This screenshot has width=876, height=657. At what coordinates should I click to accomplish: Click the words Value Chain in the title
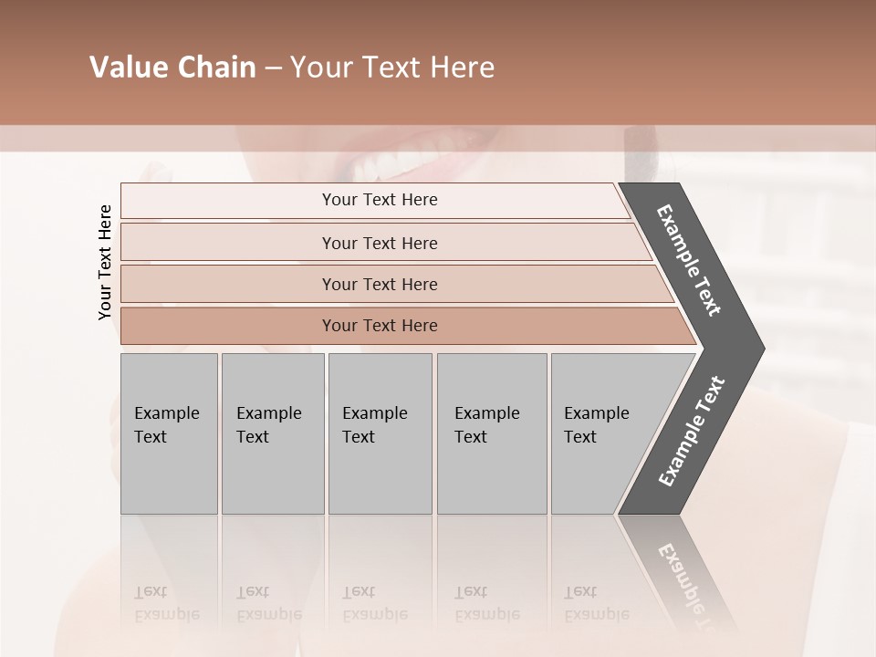pyautogui.click(x=172, y=68)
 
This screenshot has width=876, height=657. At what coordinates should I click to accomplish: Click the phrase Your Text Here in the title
pyautogui.click(x=392, y=68)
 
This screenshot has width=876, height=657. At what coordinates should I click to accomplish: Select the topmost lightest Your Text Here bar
pyautogui.click(x=379, y=200)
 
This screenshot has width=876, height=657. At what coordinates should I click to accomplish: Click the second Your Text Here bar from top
pyautogui.click(x=379, y=243)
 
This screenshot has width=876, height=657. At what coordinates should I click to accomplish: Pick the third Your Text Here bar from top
pyautogui.click(x=379, y=284)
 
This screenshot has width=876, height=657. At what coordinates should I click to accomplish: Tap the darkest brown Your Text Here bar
pyautogui.click(x=379, y=326)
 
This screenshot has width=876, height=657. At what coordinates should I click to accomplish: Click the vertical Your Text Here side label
pyautogui.click(x=105, y=262)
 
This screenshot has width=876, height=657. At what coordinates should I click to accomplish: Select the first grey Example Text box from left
pyautogui.click(x=169, y=433)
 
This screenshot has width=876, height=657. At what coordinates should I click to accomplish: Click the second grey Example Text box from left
pyautogui.click(x=272, y=433)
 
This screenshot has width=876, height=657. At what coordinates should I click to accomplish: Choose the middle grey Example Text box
pyautogui.click(x=380, y=433)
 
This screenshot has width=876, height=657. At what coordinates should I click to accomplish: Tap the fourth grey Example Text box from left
pyautogui.click(x=491, y=433)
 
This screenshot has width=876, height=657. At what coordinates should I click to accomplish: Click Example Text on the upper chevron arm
pyautogui.click(x=689, y=260)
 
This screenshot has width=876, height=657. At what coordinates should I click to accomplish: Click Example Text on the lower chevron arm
pyautogui.click(x=691, y=432)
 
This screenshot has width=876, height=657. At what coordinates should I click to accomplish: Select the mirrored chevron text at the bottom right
pyautogui.click(x=689, y=584)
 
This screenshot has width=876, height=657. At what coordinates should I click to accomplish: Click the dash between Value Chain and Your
pyautogui.click(x=273, y=68)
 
